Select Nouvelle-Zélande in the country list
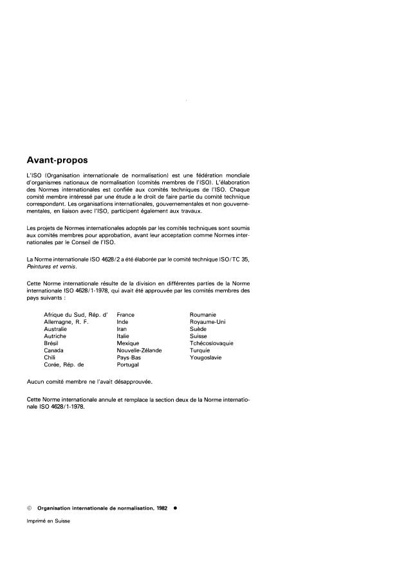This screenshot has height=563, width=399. [139, 350]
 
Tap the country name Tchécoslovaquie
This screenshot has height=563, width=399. [212, 343]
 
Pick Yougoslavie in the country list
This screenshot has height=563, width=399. [206, 357]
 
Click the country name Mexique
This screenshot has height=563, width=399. [128, 343]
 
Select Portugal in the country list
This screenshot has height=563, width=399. [128, 365]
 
